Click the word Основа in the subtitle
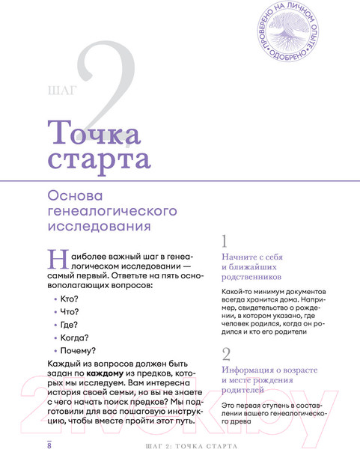[76, 194]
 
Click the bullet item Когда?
[85, 337]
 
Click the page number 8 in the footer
[49, 445]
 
